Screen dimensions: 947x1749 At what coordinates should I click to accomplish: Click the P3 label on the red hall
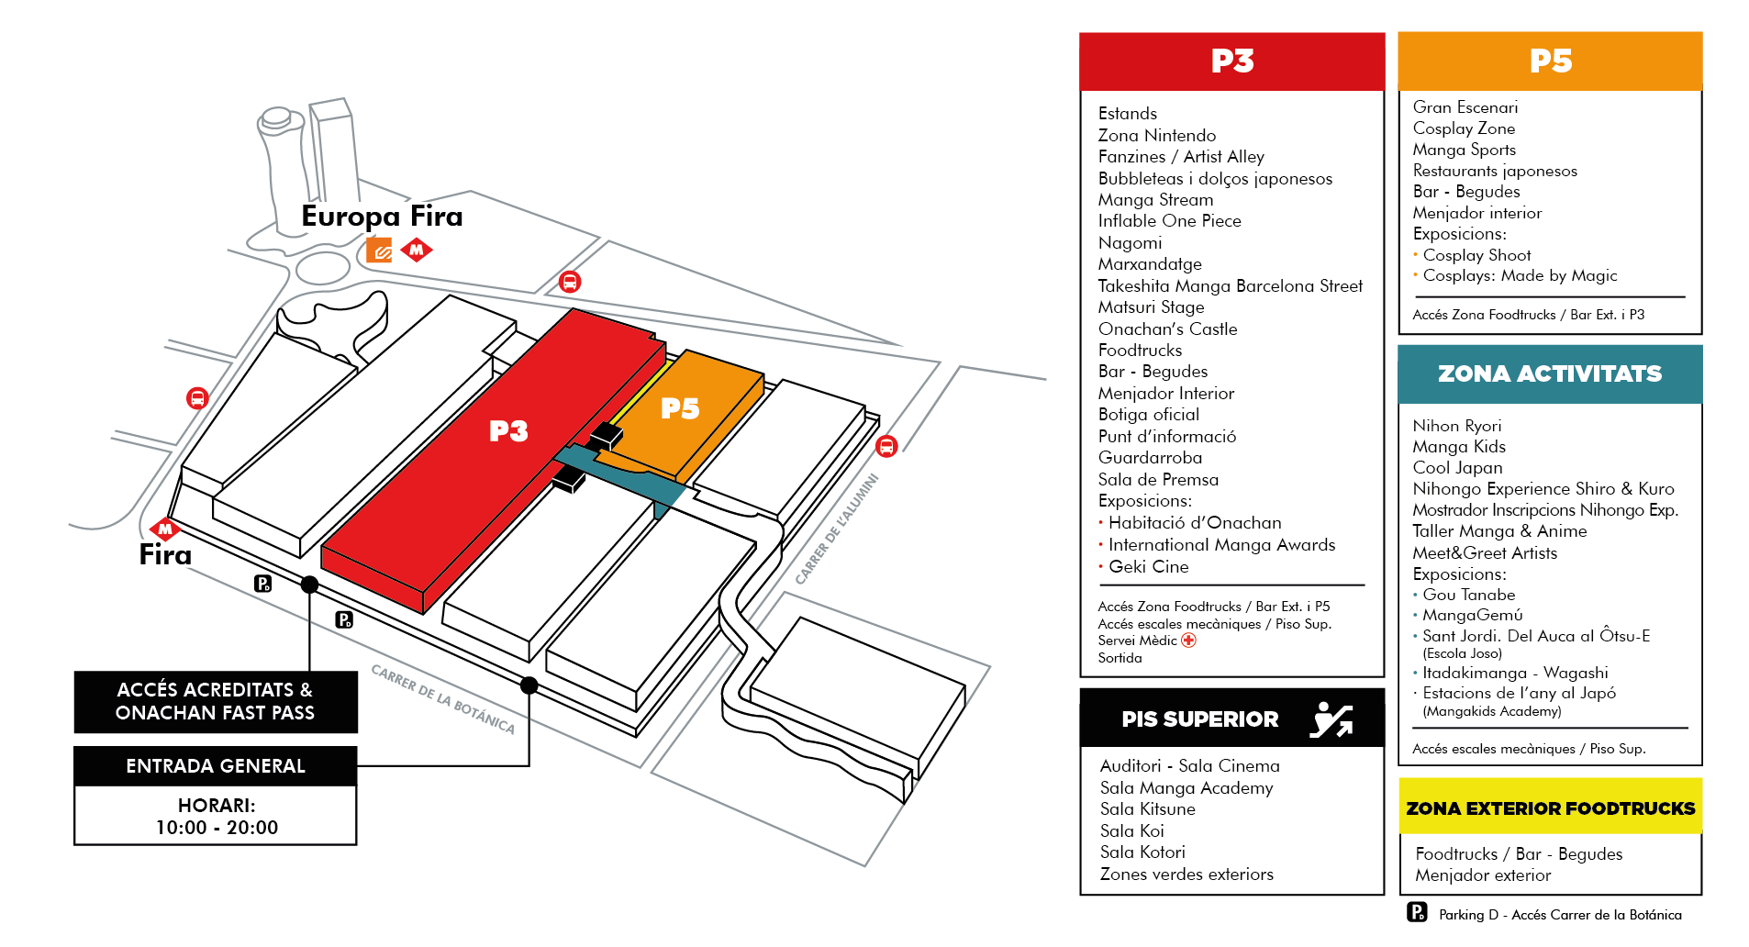coord(508,431)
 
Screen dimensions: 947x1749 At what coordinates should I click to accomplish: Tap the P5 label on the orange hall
coord(680,408)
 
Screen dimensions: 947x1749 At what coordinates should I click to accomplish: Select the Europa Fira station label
coord(382,217)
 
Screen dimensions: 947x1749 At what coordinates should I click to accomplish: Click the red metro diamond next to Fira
coord(165,529)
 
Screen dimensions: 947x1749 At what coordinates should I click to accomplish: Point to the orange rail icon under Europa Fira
coord(379,250)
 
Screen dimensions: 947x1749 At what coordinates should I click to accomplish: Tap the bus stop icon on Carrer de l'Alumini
coord(886,447)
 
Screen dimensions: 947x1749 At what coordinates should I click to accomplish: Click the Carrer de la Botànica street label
coord(442,699)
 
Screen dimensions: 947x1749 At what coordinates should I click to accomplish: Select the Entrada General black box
coord(216,766)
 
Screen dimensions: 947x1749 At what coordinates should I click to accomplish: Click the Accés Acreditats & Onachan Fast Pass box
coord(216,702)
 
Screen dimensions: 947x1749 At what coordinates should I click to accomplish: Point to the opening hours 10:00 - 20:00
coord(217,828)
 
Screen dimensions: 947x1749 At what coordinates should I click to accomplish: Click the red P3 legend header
coord(1231,61)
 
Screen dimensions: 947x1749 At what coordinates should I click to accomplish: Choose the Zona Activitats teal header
coord(1550,374)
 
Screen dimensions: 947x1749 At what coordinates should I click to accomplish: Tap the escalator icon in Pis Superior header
coord(1332,719)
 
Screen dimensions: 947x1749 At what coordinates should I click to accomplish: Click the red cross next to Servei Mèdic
coord(1189,641)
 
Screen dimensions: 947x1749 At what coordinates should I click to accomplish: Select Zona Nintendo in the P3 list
coord(1157,136)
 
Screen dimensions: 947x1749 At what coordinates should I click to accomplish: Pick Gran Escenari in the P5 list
coord(1465,107)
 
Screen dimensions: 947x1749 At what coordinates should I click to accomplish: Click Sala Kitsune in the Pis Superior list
coord(1148,809)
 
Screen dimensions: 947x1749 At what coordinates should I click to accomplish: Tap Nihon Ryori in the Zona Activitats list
coord(1457,426)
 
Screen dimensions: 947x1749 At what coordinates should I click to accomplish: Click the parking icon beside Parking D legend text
coord(1417,912)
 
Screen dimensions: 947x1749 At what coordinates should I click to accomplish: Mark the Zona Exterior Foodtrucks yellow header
coord(1550,808)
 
